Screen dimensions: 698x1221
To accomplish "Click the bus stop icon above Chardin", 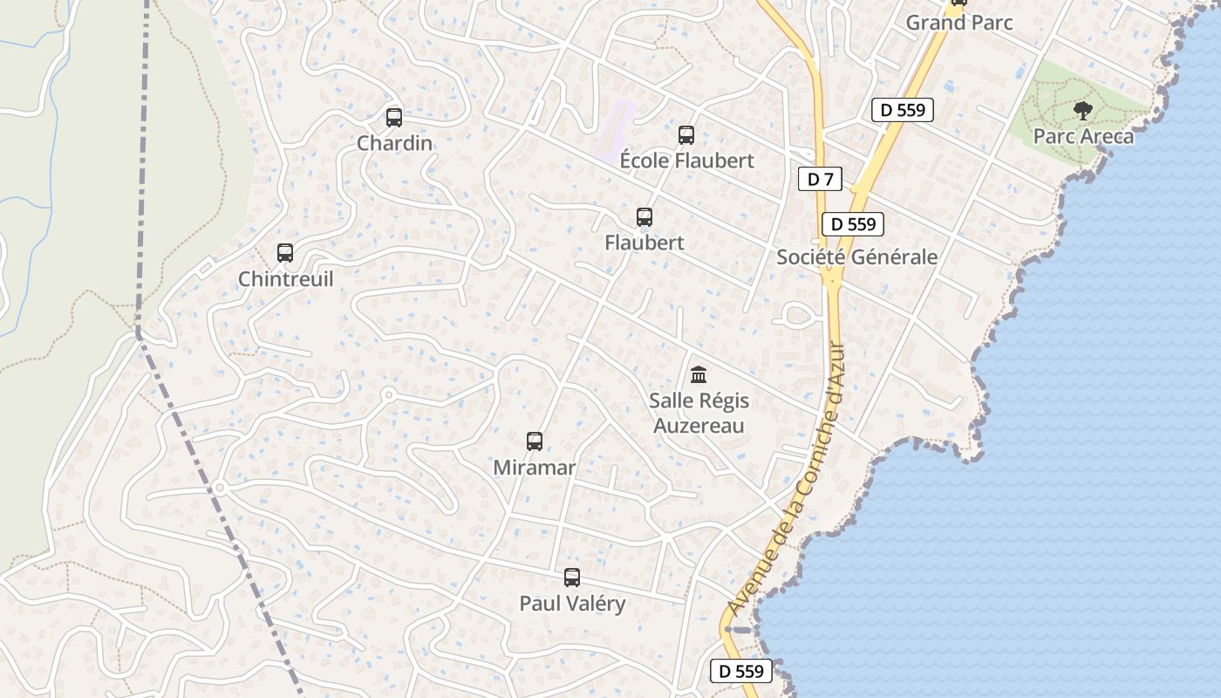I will (x=394, y=117).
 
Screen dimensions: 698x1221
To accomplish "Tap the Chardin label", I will (x=394, y=143).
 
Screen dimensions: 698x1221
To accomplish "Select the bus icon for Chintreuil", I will (x=285, y=253).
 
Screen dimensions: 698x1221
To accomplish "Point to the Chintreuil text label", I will (x=285, y=279).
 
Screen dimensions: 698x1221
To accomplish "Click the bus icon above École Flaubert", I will (x=686, y=135).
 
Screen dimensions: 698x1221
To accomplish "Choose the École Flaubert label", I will (x=686, y=161).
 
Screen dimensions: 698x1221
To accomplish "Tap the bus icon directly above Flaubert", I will (x=645, y=217).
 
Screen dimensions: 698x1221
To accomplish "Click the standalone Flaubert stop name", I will (x=645, y=243).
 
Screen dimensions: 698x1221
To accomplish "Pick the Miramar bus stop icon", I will (x=535, y=441).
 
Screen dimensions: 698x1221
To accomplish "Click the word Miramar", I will (x=535, y=468).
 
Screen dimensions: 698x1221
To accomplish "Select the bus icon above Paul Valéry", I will (x=572, y=578).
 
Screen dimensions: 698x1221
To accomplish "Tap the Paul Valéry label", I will (x=572, y=604).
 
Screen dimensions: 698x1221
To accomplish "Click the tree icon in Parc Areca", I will (x=1083, y=111).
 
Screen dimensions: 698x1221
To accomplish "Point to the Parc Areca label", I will (x=1083, y=137).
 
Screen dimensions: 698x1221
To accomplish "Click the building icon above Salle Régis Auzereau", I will (x=699, y=375).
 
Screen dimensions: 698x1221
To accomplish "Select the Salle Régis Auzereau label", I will (x=699, y=414).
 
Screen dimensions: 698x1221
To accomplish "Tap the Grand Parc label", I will (x=959, y=23).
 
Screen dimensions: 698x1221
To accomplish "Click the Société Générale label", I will (x=856, y=257).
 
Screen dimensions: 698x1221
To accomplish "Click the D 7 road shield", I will (x=820, y=180).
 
